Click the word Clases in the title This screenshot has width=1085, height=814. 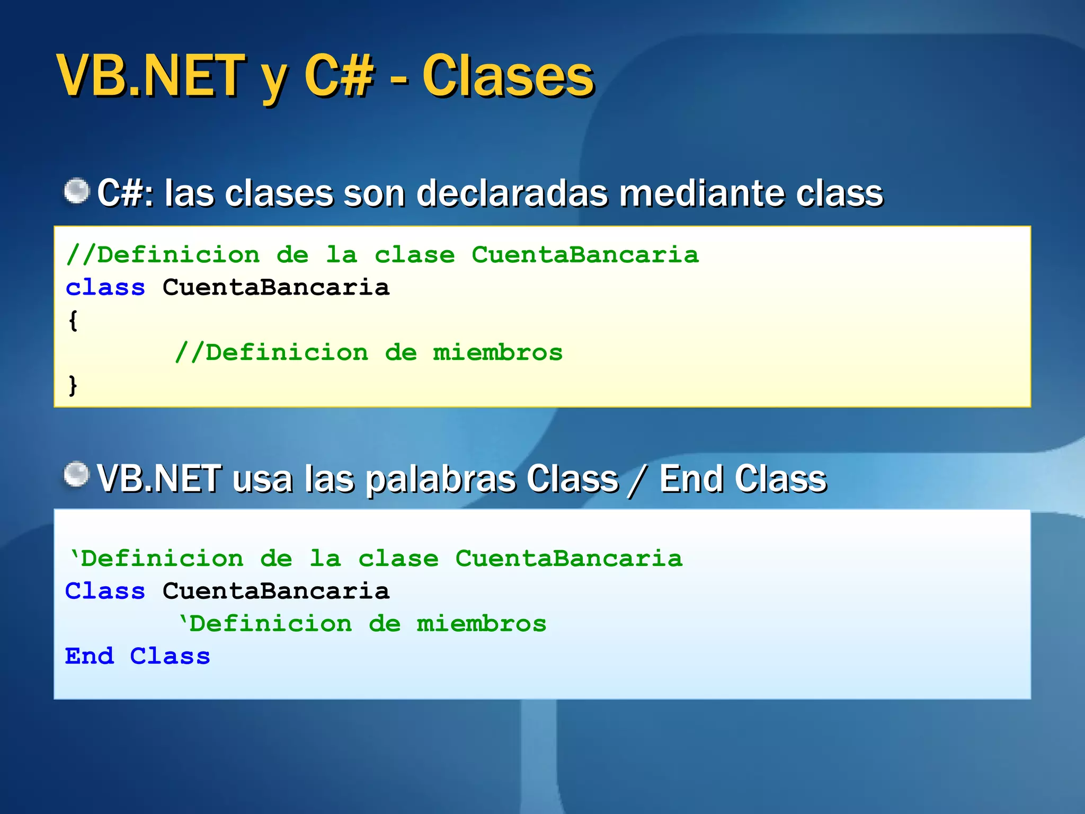pyautogui.click(x=508, y=77)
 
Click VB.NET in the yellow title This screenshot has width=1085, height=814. pyautogui.click(x=151, y=77)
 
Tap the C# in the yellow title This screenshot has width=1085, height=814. pyautogui.click(x=339, y=77)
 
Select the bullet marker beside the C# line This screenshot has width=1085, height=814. pyautogui.click(x=77, y=191)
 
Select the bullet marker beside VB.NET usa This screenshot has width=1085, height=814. pyautogui.click(x=77, y=474)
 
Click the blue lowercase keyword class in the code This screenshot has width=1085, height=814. pyautogui.click(x=105, y=288)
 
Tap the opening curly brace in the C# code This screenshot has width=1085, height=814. pyautogui.click(x=73, y=321)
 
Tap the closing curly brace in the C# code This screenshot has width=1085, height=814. pyautogui.click(x=73, y=385)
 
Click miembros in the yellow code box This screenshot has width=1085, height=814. pyautogui.click(x=497, y=353)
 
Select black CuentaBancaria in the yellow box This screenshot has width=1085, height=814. pyautogui.click(x=275, y=288)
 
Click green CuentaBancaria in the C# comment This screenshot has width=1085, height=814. pyautogui.click(x=585, y=255)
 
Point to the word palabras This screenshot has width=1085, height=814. pyautogui.click(x=440, y=479)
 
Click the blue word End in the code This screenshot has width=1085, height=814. pyautogui.click(x=89, y=657)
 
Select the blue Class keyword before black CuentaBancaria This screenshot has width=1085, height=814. pyautogui.click(x=105, y=591)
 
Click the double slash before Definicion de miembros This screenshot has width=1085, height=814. pyautogui.click(x=189, y=353)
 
